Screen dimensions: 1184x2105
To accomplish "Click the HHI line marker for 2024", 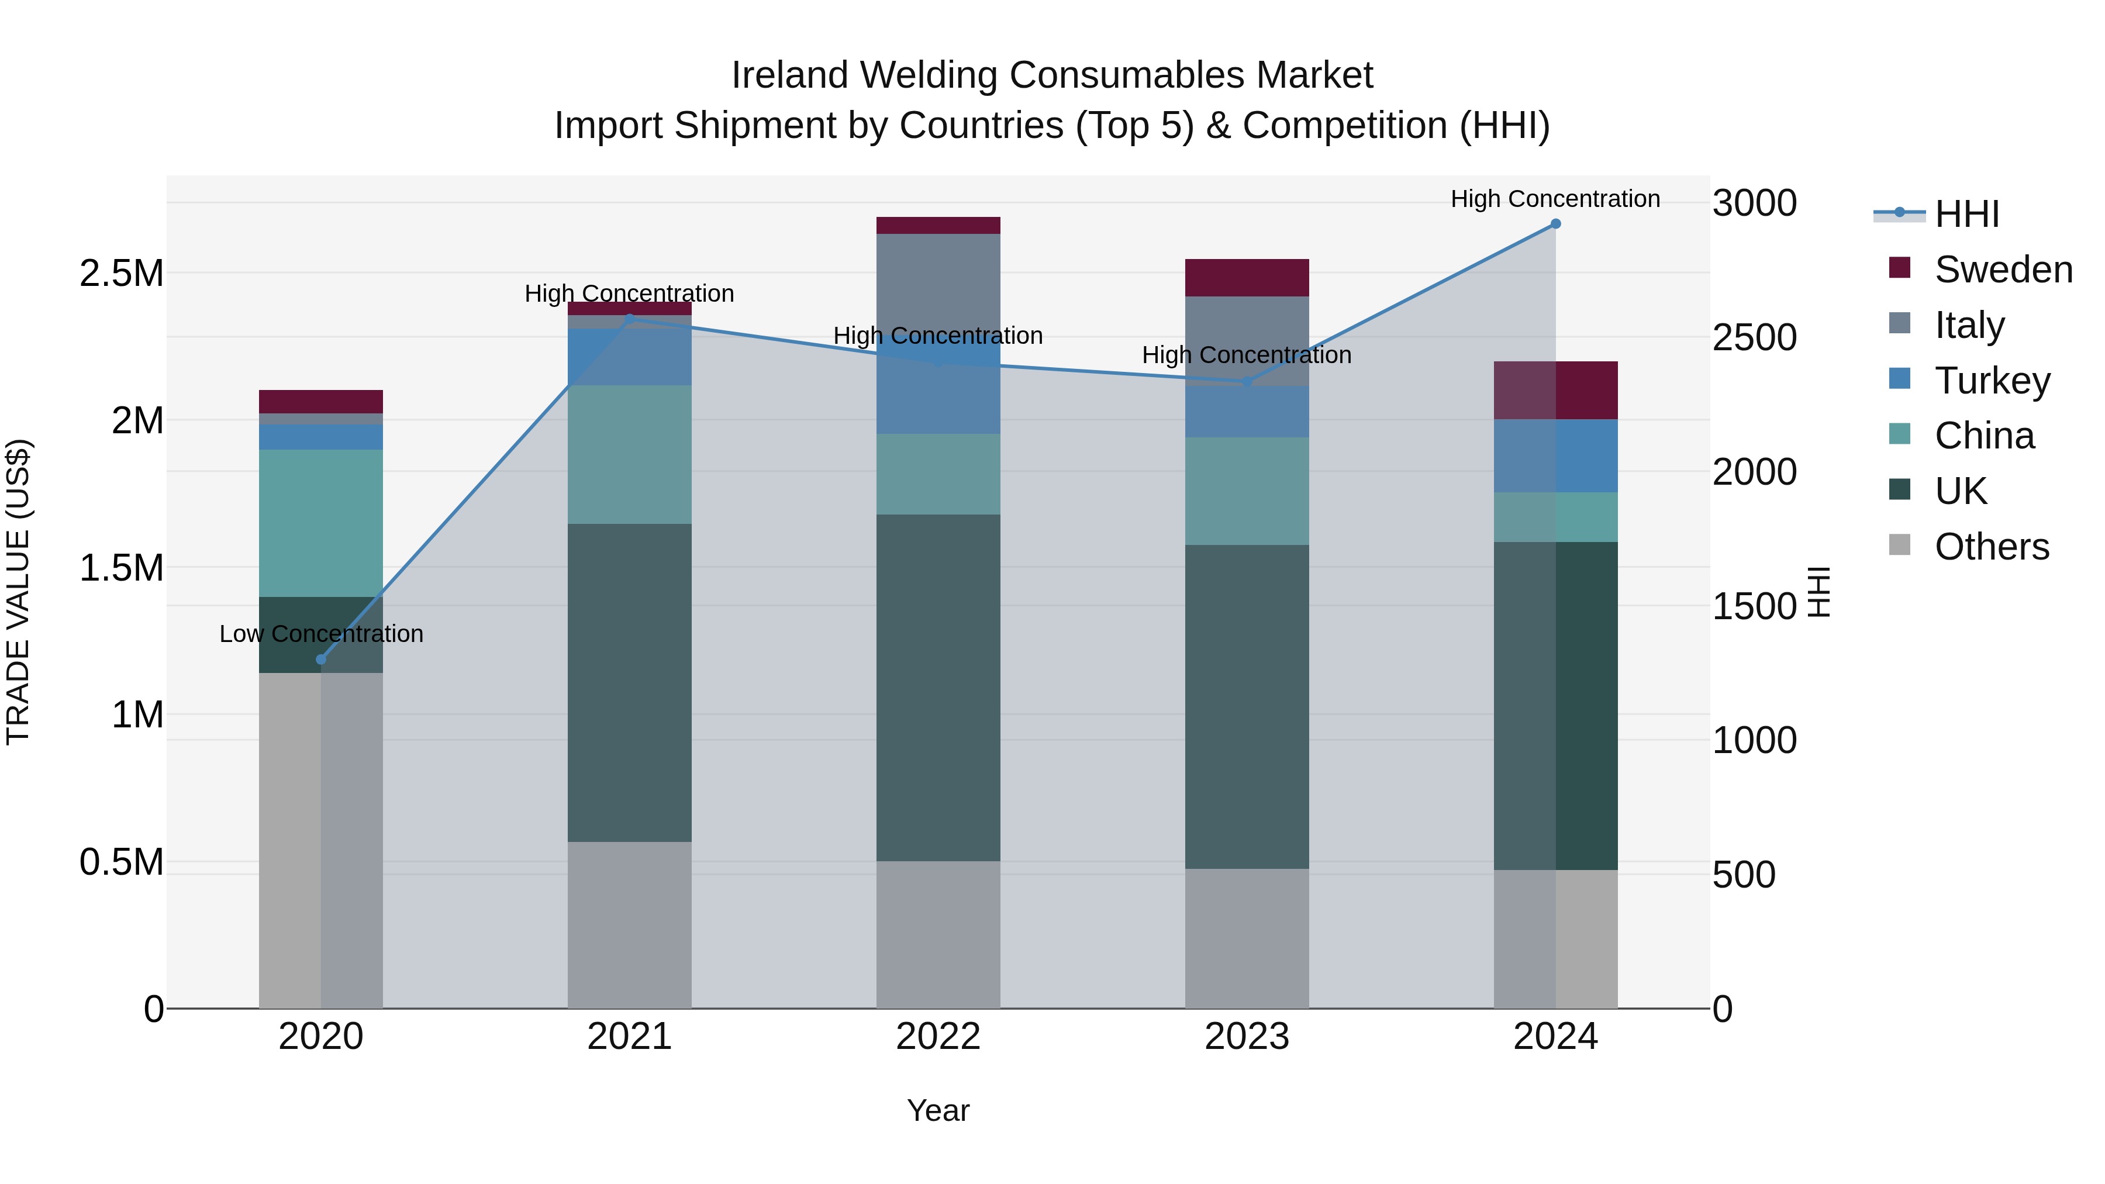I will (x=1555, y=224).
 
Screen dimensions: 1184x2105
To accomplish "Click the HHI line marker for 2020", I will (x=320, y=660).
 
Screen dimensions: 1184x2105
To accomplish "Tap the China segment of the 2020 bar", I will (x=320, y=523).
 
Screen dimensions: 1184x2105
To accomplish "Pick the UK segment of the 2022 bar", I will (x=938, y=687).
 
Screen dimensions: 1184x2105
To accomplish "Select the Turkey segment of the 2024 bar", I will (x=1555, y=456).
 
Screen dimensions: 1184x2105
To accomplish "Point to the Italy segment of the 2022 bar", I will (x=938, y=282).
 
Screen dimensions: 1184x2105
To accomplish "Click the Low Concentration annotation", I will (x=321, y=634).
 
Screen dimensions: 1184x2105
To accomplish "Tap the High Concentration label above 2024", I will (x=1555, y=199).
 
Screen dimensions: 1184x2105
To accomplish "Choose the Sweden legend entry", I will (x=2003, y=270).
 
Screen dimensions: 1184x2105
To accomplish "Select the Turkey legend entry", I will (x=1992, y=381).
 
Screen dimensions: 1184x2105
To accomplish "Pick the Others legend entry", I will (x=1992, y=547).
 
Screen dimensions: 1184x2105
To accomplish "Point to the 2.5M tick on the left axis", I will (x=121, y=273).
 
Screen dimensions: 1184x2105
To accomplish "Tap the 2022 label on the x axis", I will (x=938, y=1037).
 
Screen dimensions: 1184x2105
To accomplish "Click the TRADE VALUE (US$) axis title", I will (x=18, y=592).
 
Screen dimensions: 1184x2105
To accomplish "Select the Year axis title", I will (x=938, y=1110).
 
